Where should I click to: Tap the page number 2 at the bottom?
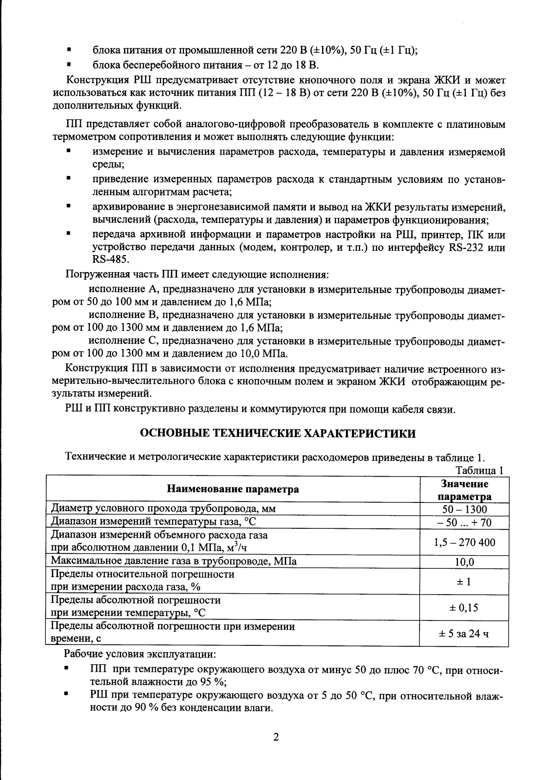(x=276, y=738)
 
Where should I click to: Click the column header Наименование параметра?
(x=233, y=489)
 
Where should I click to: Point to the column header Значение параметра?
(x=464, y=490)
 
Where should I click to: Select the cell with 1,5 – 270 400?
(x=464, y=542)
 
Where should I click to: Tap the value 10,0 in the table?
(x=464, y=562)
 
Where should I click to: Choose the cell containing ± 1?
(x=464, y=581)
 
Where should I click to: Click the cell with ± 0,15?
(x=464, y=607)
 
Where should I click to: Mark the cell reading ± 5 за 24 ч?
(x=464, y=634)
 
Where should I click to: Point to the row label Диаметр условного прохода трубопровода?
(x=163, y=509)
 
